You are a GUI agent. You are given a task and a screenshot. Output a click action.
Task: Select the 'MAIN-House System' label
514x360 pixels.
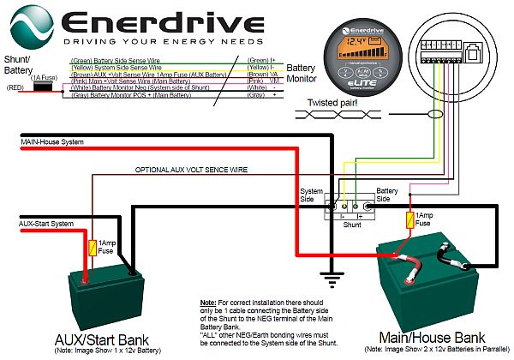tap(48, 142)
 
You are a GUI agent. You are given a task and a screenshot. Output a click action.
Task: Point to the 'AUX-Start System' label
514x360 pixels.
tap(44, 224)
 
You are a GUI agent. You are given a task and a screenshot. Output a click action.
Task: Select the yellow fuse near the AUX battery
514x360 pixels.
tap(93, 248)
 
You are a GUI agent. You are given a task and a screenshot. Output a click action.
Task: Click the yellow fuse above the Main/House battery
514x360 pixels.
tap(410, 219)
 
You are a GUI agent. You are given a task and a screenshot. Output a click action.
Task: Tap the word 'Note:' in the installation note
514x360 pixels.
tap(207, 304)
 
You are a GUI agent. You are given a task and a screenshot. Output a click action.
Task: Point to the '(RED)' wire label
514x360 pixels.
tap(14, 87)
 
